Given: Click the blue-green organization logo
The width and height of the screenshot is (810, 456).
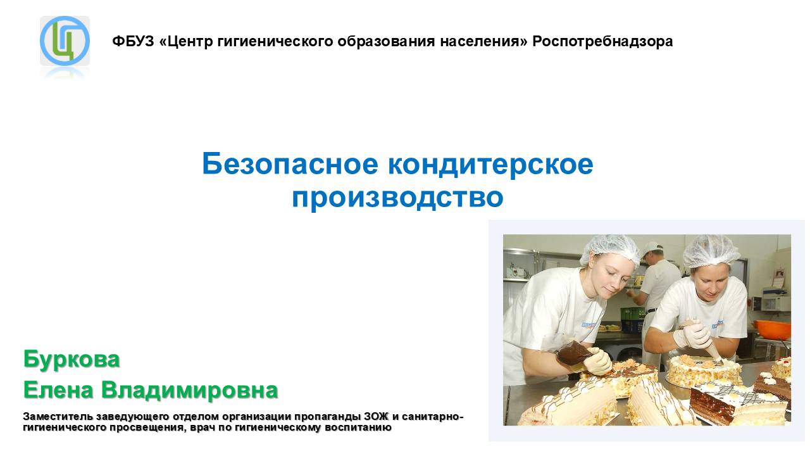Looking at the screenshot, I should pyautogui.click(x=65, y=41).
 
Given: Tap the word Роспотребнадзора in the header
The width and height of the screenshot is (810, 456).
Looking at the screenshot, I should pyautogui.click(x=602, y=42).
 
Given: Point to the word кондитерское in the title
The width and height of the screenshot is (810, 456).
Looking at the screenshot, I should pyautogui.click(x=490, y=164).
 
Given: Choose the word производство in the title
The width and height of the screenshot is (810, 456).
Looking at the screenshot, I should pyautogui.click(x=397, y=197).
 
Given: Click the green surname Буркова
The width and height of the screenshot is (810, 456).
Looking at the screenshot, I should pyautogui.click(x=72, y=359).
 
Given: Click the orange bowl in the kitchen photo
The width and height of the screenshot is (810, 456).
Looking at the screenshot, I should pyautogui.click(x=772, y=329).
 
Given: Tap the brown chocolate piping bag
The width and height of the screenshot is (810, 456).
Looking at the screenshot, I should pyautogui.click(x=573, y=353).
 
